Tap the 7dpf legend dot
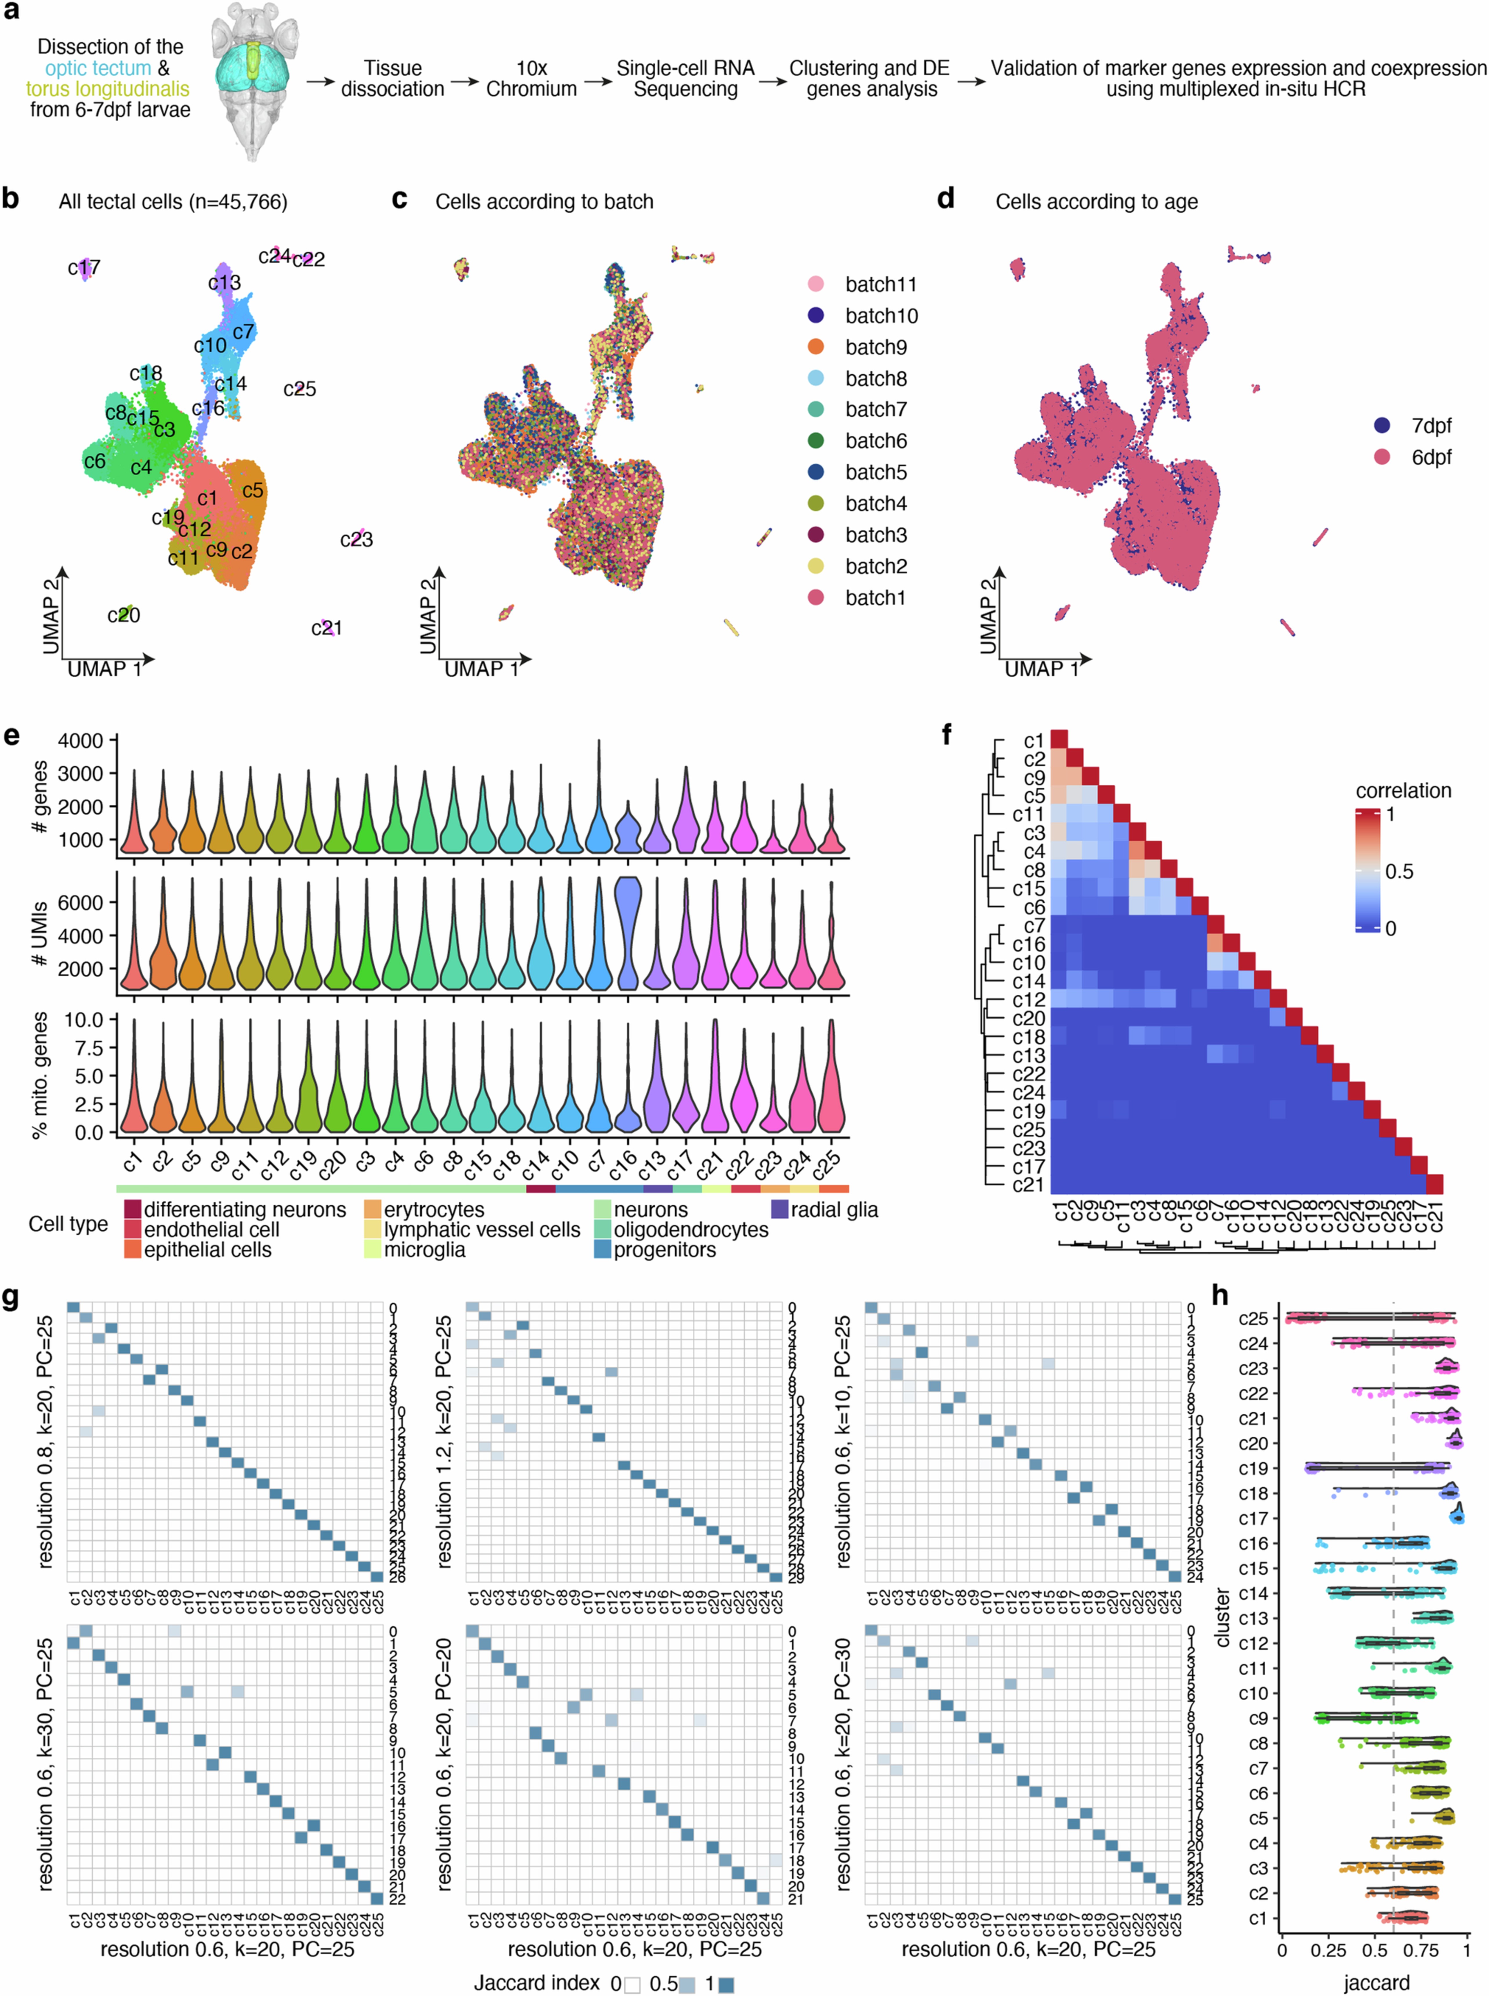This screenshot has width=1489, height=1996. click(1382, 425)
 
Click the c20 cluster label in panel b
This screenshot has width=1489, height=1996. click(124, 615)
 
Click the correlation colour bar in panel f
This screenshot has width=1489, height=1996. click(1366, 871)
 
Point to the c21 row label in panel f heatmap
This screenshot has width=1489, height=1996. click(1027, 1185)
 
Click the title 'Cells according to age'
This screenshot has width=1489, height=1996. click(1096, 202)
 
